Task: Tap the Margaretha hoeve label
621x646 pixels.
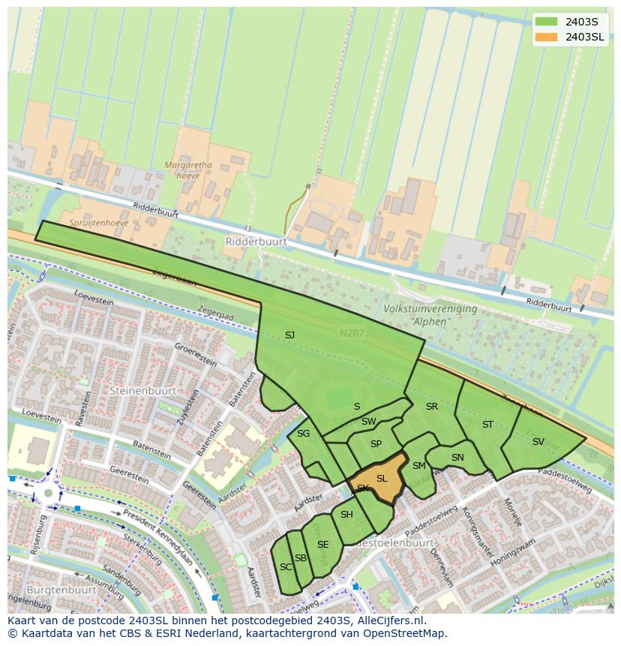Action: [188, 170]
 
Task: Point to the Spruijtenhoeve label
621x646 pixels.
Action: [99, 223]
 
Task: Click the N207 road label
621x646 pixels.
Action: [350, 332]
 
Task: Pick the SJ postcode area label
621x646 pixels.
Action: [289, 335]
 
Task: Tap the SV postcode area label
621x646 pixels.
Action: [538, 442]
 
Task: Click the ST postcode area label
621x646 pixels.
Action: [487, 425]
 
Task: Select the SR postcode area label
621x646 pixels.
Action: [431, 407]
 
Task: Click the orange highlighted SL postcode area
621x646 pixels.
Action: [381, 479]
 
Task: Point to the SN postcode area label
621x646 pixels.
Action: [457, 458]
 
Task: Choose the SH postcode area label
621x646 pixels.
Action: [346, 515]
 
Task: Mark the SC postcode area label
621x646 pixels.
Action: [285, 567]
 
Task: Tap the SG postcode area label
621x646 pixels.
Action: [303, 434]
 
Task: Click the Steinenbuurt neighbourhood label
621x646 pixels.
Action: [142, 391]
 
